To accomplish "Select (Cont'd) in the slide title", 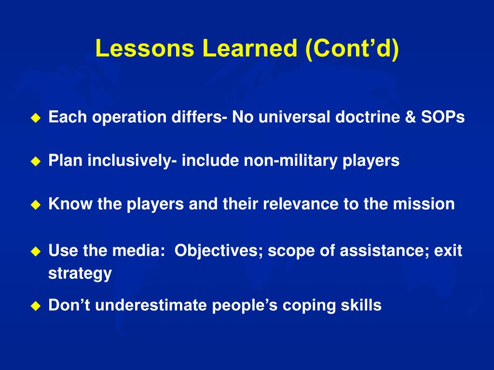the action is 352,49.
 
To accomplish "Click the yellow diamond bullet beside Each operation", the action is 36,118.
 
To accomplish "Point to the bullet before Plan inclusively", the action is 36,161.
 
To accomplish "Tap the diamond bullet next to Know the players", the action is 36,205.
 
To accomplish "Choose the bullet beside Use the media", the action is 36,251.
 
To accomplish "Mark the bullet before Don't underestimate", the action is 36,306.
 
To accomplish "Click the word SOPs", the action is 443,117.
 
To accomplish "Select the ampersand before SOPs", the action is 411,117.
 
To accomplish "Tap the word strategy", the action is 80,274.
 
